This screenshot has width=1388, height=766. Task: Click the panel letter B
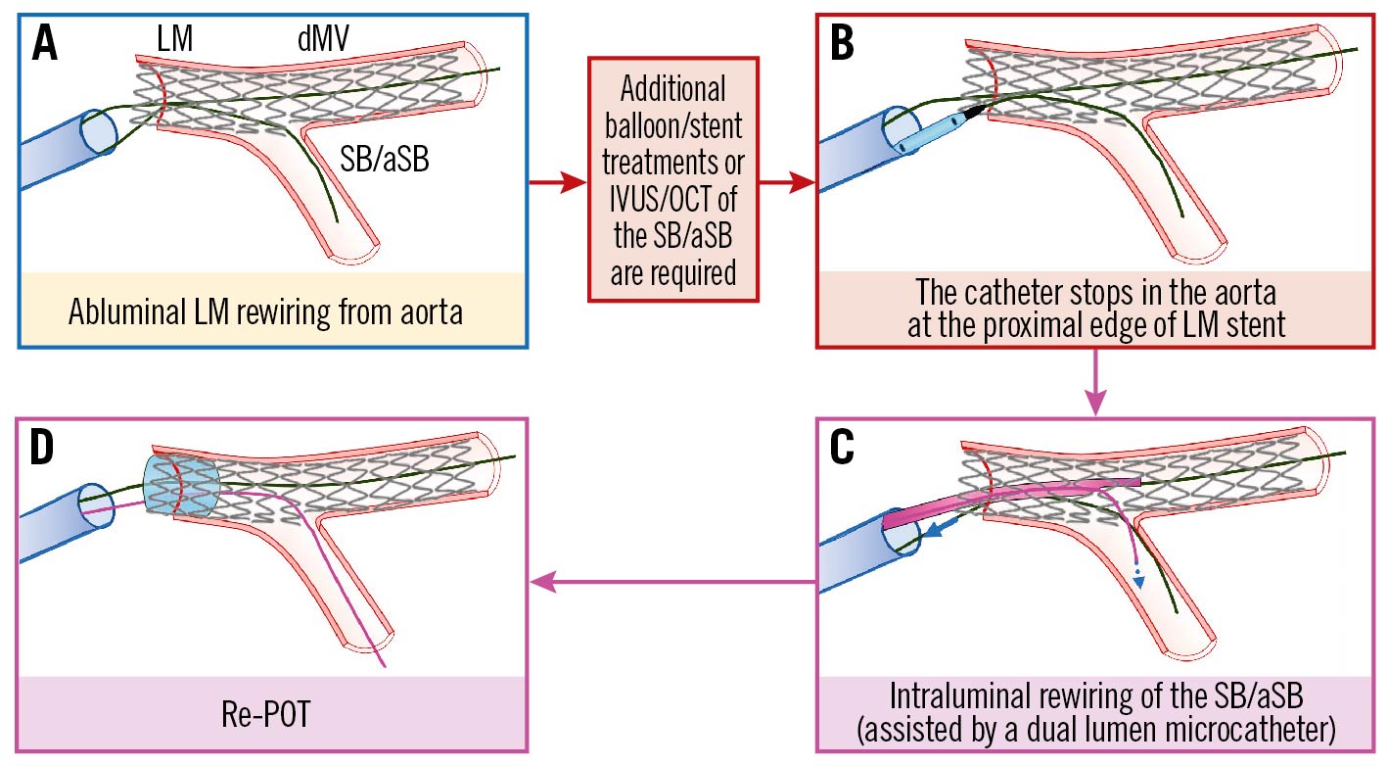(x=844, y=45)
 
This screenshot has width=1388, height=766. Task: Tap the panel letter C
(x=844, y=450)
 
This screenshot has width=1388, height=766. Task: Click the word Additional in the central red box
(x=673, y=90)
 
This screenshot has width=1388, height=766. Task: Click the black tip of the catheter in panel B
(x=975, y=115)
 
